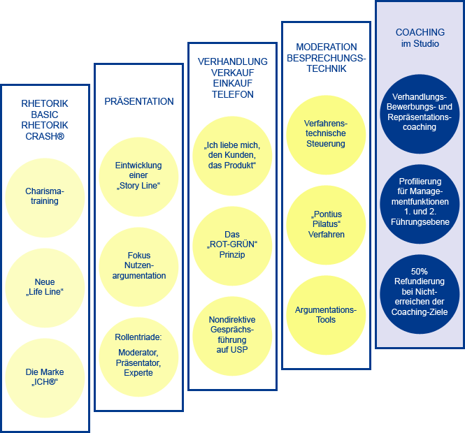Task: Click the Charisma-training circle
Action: (x=45, y=198)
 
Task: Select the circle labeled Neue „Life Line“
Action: (x=45, y=288)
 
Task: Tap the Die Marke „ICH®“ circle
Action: (x=45, y=379)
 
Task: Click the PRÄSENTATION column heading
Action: (x=138, y=101)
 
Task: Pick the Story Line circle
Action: (x=138, y=177)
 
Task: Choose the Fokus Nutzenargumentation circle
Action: (x=138, y=267)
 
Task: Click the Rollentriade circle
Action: (x=138, y=357)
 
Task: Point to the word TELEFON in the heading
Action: (x=232, y=94)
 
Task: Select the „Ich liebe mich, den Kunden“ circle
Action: (x=232, y=156)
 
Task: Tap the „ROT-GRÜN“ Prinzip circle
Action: (x=232, y=246)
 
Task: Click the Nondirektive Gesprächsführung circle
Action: (x=232, y=336)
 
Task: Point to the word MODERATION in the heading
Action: (x=327, y=47)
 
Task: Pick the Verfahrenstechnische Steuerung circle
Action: (x=326, y=135)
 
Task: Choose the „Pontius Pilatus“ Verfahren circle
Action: (x=326, y=225)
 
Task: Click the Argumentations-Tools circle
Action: (x=326, y=315)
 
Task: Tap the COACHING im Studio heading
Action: (x=420, y=38)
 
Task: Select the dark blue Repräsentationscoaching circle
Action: (x=420, y=114)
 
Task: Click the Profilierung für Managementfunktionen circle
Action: (x=420, y=204)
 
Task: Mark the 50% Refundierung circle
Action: (x=420, y=294)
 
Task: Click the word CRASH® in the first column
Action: (x=45, y=136)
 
